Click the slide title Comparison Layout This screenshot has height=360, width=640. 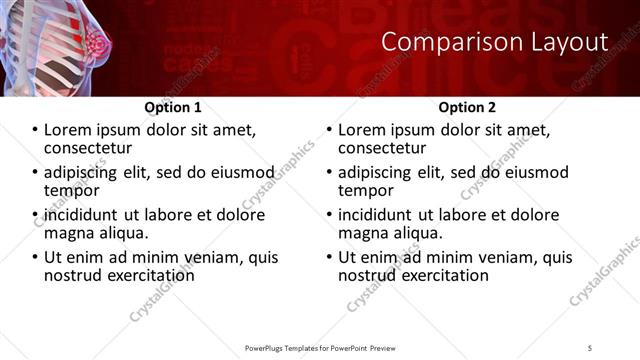495,42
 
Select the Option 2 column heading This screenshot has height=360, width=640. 466,107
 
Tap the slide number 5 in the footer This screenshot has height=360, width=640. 590,347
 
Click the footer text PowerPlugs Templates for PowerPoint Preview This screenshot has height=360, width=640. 319,347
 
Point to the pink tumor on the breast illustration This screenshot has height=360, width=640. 99,44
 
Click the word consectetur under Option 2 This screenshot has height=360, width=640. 386,149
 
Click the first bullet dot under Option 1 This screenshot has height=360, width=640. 36,131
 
